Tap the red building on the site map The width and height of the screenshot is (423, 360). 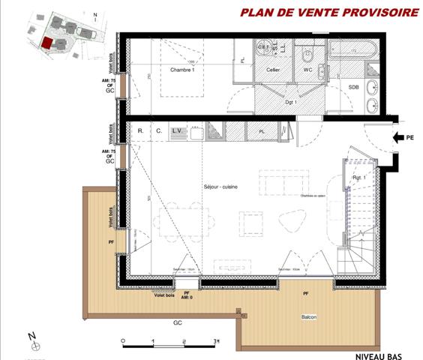pos(48,43)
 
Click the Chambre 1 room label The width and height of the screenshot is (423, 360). pos(182,69)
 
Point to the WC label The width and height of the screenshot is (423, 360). pos(307,70)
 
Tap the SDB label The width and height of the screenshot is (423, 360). pos(353,87)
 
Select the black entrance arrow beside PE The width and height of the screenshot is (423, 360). pos(398,137)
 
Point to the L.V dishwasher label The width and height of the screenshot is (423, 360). pos(178,130)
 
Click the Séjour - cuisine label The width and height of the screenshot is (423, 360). pos(220,187)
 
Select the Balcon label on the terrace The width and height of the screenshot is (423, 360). pos(308,316)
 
